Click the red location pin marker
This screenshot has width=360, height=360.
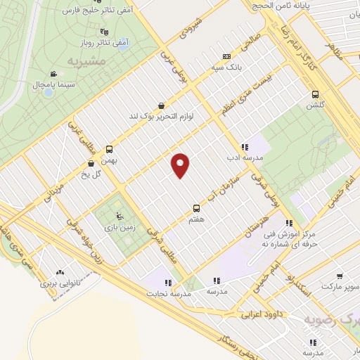point(181,165)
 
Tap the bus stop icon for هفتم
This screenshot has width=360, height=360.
point(196,207)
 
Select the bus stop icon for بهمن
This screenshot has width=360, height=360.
point(109,149)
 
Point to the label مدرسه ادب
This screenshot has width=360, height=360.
point(245,158)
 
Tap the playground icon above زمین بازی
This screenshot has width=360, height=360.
point(118,217)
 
